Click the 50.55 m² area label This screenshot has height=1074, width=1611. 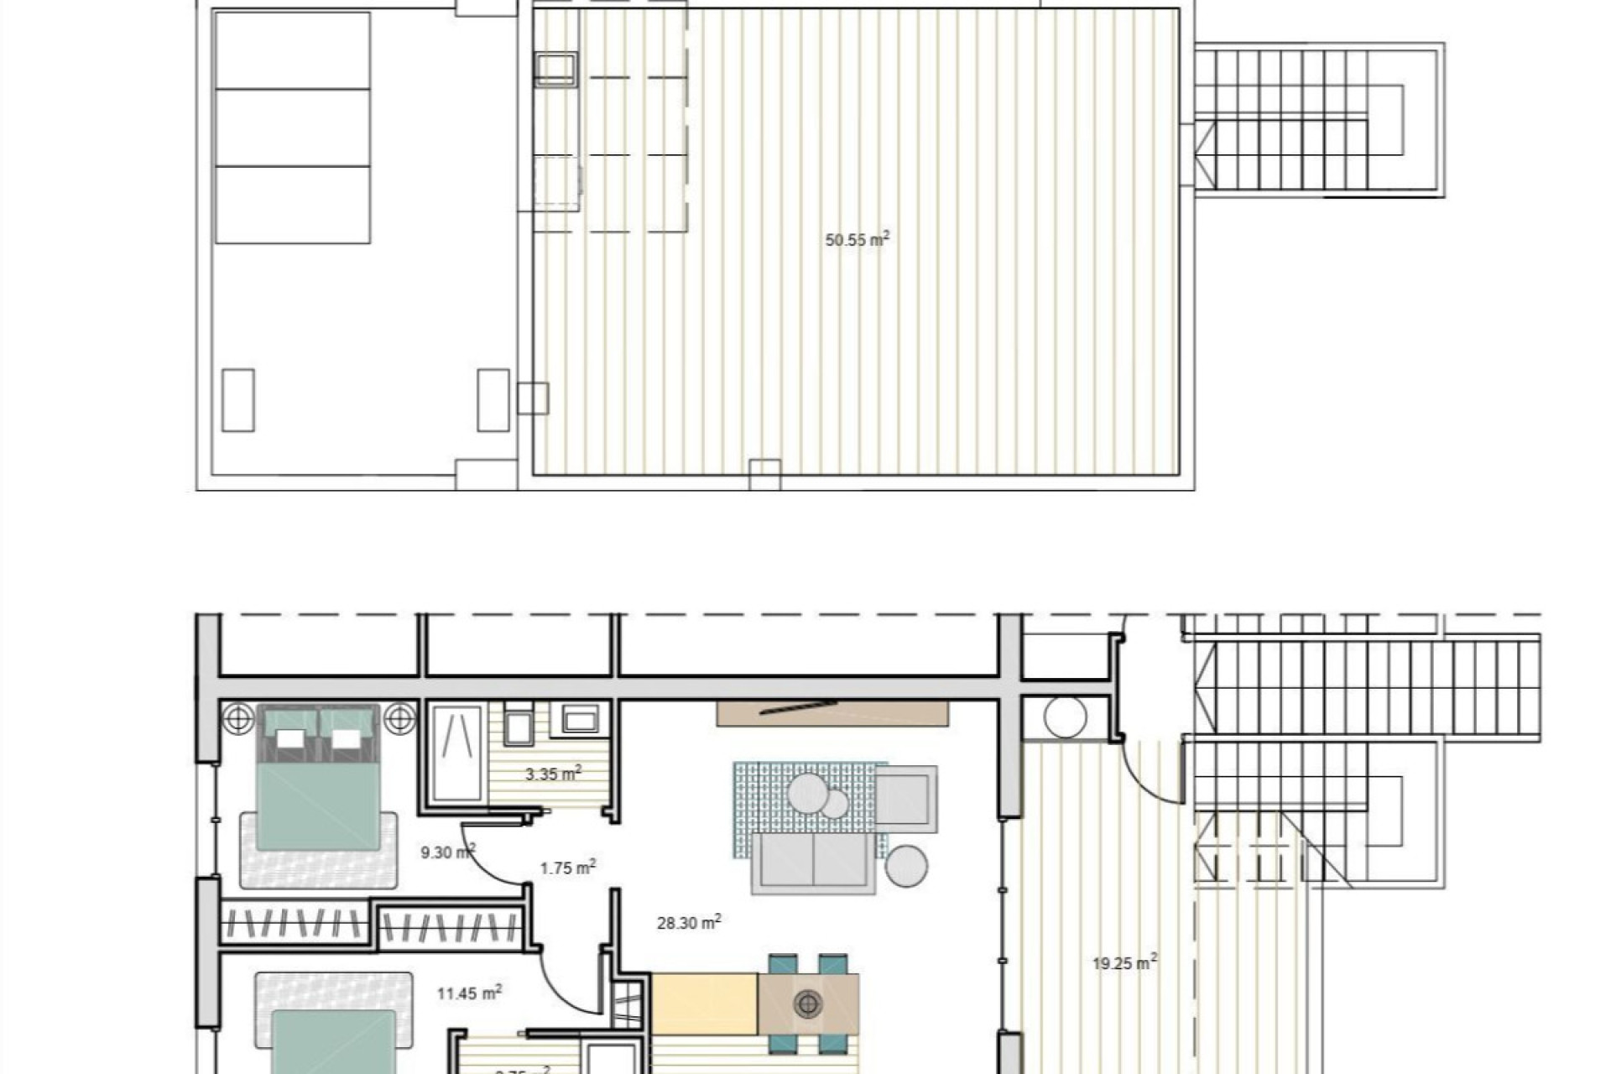click(x=857, y=240)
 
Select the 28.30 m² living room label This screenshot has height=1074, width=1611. click(x=688, y=922)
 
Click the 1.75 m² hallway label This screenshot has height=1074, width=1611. click(x=567, y=868)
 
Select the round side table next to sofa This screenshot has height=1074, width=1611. click(x=906, y=866)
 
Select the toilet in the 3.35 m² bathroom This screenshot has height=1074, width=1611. click(x=519, y=725)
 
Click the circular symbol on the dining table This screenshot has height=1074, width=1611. click(x=808, y=1003)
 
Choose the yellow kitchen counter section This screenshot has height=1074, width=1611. click(x=705, y=1004)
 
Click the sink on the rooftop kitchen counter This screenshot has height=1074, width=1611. click(x=555, y=69)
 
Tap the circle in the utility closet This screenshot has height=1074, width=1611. click(x=1066, y=717)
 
